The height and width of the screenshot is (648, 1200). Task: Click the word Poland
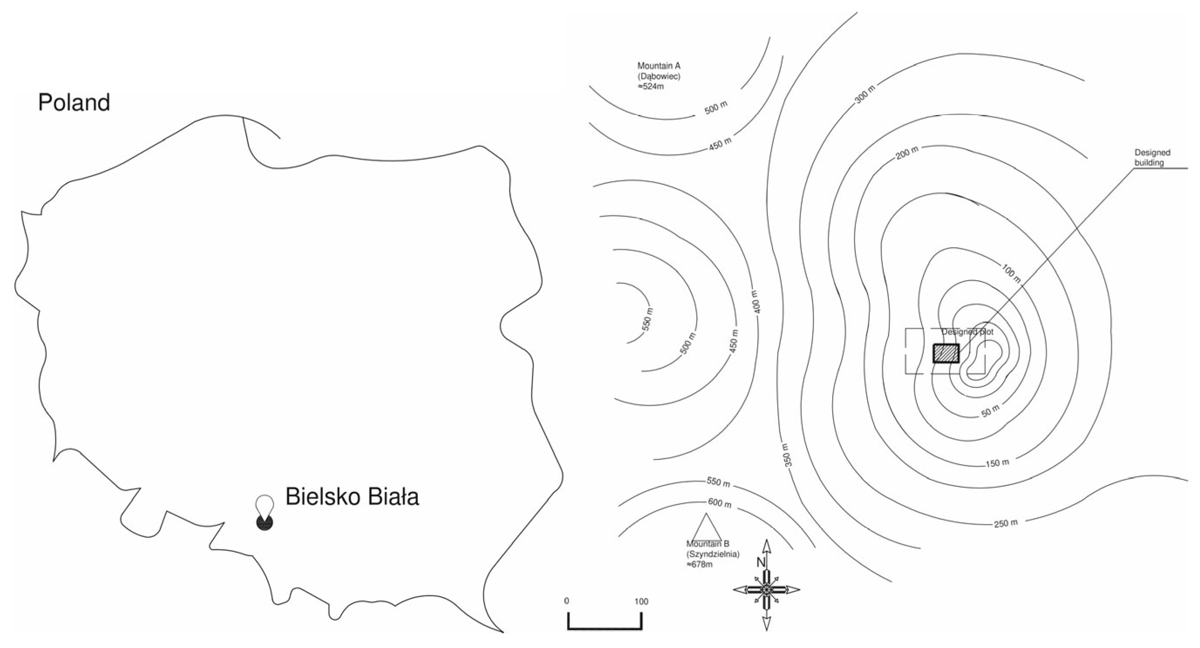tap(74, 102)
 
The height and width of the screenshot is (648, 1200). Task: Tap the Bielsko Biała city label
tap(352, 497)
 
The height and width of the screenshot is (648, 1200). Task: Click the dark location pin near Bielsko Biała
tap(264, 522)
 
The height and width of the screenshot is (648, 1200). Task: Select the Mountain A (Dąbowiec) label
tap(658, 76)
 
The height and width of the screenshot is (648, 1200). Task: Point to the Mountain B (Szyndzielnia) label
tap(712, 554)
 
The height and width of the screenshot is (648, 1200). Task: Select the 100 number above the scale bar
tap(641, 601)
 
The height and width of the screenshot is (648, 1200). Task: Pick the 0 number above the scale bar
tap(566, 601)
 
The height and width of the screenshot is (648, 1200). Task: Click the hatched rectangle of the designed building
tap(946, 353)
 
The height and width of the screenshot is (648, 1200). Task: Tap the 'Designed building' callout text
tap(1152, 157)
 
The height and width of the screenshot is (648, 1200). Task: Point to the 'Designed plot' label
tap(967, 332)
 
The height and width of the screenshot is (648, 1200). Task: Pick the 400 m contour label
tap(755, 302)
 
